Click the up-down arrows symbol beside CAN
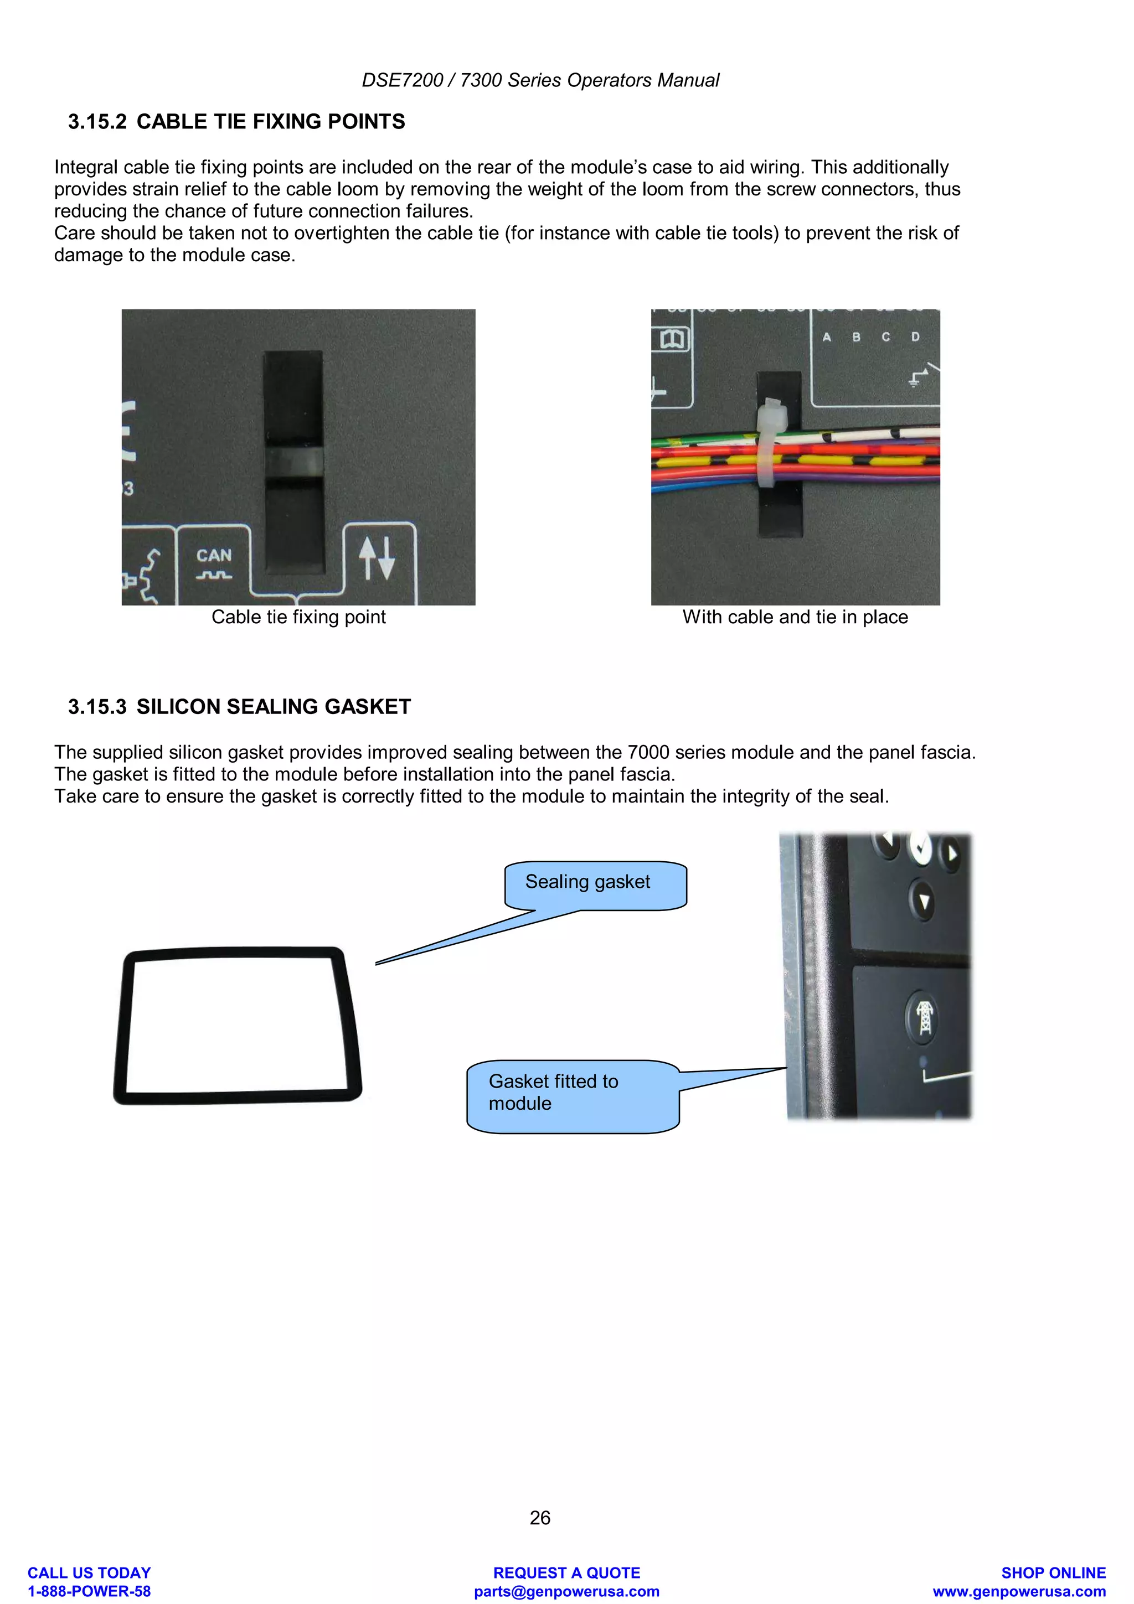[377, 557]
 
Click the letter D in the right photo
[915, 337]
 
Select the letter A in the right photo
[827, 337]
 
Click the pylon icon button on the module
[924, 1016]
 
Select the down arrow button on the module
[924, 901]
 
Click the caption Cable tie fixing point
[298, 617]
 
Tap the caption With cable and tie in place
[795, 617]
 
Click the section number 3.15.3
[97, 707]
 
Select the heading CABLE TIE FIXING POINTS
[270, 122]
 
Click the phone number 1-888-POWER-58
[89, 1591]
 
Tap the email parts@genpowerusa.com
[566, 1591]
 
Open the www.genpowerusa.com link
[1019, 1591]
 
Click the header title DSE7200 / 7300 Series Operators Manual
[540, 80]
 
